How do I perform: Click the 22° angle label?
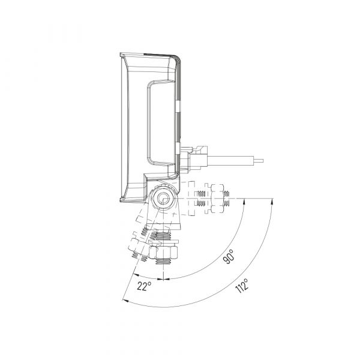point(145,286)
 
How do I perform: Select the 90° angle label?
point(229,256)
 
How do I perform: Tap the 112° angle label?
point(242,286)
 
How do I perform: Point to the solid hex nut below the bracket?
point(163,253)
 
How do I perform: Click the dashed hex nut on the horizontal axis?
point(217,198)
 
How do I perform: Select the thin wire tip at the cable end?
point(259,161)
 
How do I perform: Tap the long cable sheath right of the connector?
point(230,161)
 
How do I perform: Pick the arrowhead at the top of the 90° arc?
point(244,200)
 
